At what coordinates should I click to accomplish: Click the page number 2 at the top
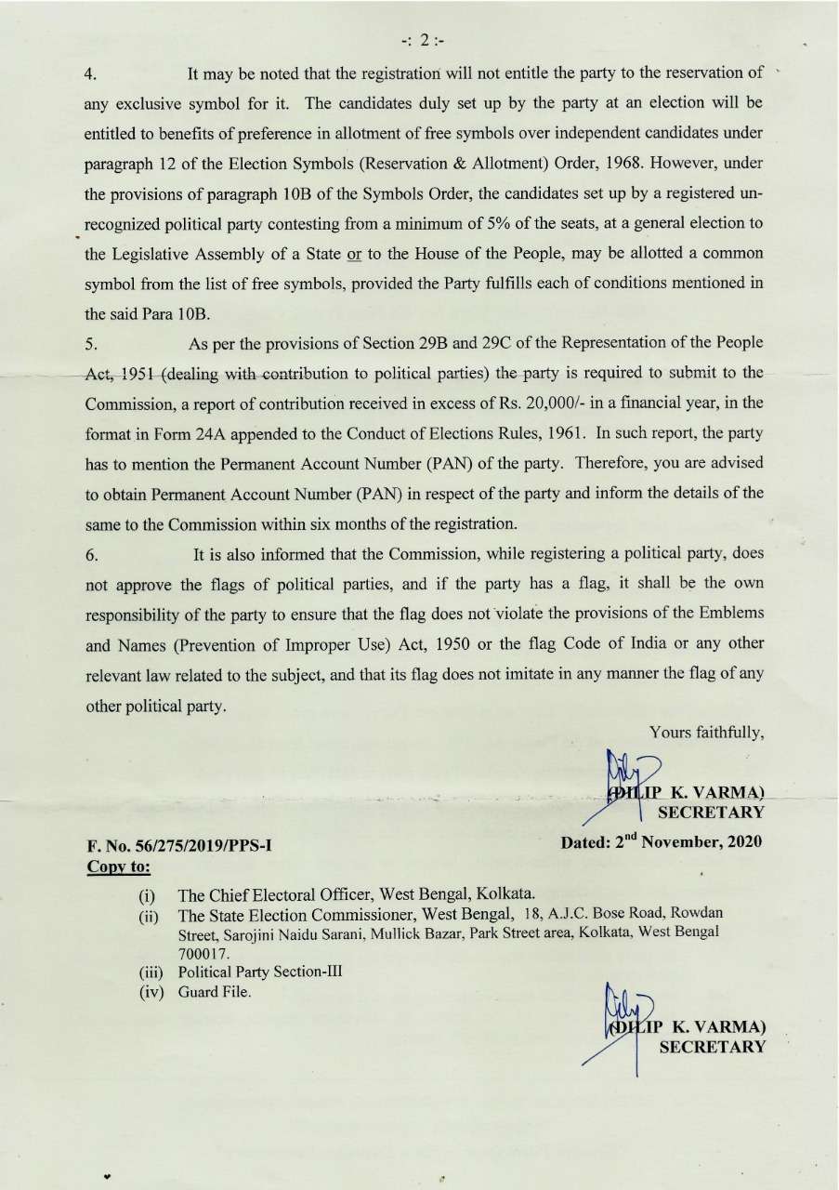pos(424,40)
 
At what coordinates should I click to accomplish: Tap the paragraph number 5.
pos(90,344)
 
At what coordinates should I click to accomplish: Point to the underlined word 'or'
pos(354,255)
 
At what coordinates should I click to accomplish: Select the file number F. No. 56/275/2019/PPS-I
pos(178,846)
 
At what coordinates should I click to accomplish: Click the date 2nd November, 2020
pos(662,842)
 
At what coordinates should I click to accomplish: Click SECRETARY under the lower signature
pos(712,1048)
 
